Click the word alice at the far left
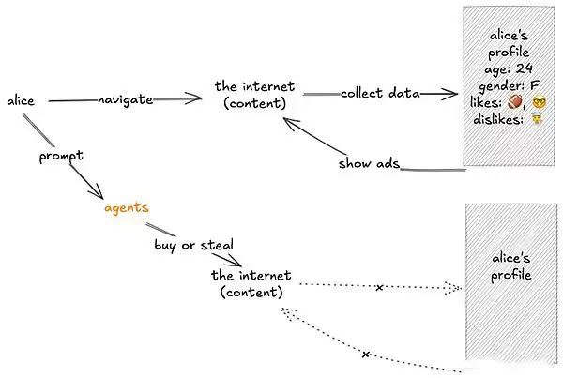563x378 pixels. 21,99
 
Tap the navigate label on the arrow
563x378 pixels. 125,99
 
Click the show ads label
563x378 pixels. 369,164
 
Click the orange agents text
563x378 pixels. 126,205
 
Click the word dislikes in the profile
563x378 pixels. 497,119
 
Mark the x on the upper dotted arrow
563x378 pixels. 378,287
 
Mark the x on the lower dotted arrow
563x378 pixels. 365,355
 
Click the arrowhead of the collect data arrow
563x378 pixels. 460,94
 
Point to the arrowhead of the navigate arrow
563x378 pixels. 197,97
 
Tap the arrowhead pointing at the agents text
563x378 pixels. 99,195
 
